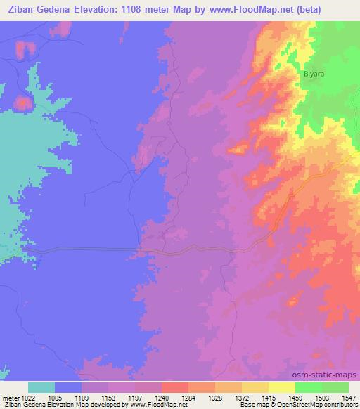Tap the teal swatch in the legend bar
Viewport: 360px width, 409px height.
[41, 387]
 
